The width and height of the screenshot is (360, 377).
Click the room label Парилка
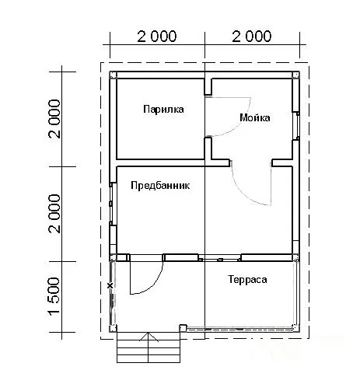pos(163,110)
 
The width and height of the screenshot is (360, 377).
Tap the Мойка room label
pos(255,118)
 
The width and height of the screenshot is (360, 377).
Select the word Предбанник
pos(160,186)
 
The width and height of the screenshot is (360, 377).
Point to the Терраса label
pos(247,280)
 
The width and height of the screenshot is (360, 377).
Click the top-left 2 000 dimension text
pos(157,37)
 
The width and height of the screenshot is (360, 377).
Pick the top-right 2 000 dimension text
pos(252,37)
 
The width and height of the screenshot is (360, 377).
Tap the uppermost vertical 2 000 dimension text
pos(54,119)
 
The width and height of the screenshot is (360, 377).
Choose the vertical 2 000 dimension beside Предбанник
pos(54,214)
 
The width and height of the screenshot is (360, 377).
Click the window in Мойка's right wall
pos(298,126)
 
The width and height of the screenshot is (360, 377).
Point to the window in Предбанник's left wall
pos(111,204)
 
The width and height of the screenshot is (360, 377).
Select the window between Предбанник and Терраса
pos(220,259)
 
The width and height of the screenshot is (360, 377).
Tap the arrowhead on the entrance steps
pos(149,337)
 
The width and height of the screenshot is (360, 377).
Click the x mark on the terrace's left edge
pos(110,285)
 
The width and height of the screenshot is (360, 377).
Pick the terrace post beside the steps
pos(183,328)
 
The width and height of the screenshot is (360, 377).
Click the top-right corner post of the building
pos(296,75)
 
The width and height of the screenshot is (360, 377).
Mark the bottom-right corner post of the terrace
pos(295,328)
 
